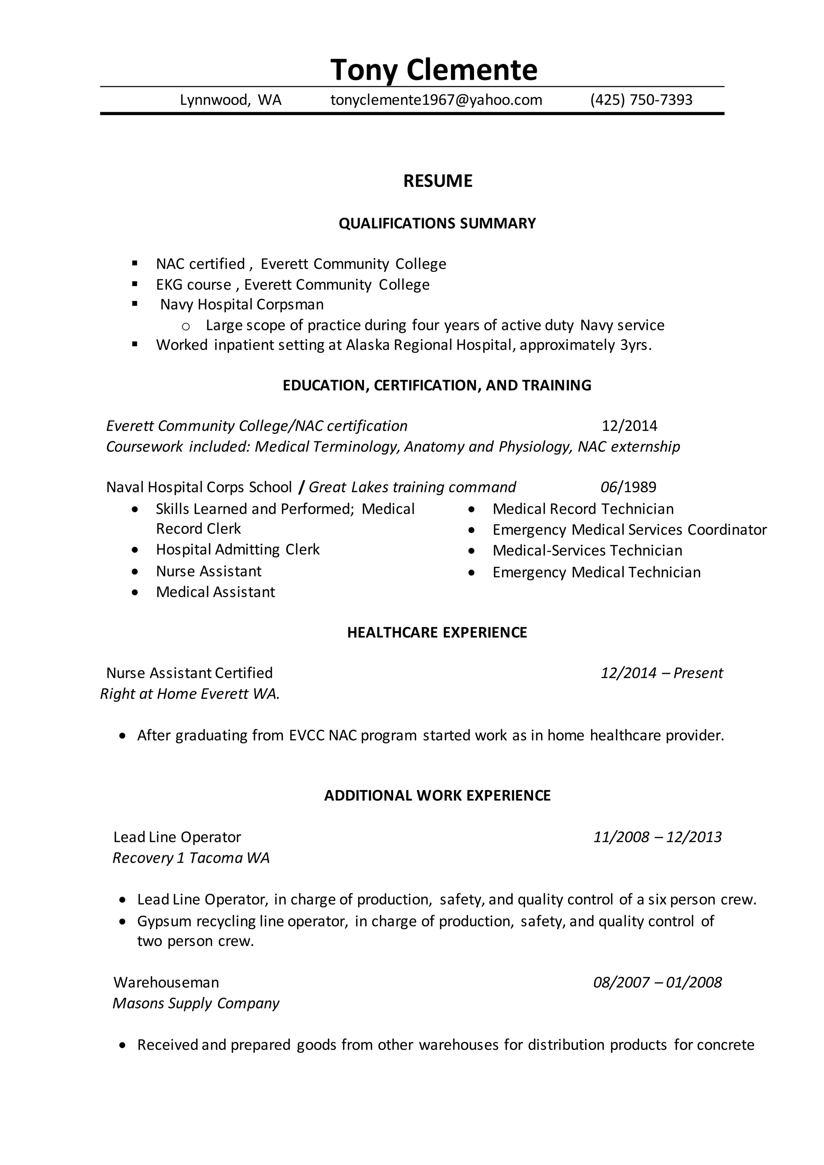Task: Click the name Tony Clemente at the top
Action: pyautogui.click(x=433, y=70)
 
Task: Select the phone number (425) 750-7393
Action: pyautogui.click(x=641, y=100)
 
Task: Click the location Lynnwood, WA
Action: pyautogui.click(x=231, y=100)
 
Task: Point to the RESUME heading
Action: pyautogui.click(x=437, y=181)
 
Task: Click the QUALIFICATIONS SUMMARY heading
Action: pyautogui.click(x=437, y=223)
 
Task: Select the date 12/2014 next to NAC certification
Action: pyautogui.click(x=629, y=426)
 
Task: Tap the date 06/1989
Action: pyautogui.click(x=628, y=487)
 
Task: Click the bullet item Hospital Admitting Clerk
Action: pyautogui.click(x=237, y=550)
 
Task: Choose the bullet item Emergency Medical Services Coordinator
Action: pyautogui.click(x=629, y=530)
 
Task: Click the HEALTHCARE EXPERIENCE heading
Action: pyautogui.click(x=437, y=632)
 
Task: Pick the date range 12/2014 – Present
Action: pyautogui.click(x=661, y=673)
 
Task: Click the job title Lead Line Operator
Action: pyautogui.click(x=177, y=837)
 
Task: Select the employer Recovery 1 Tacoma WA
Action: pyautogui.click(x=191, y=858)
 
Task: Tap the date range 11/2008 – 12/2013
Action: pyautogui.click(x=657, y=837)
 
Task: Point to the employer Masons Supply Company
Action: pyautogui.click(x=196, y=1003)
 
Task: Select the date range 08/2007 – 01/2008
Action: pyautogui.click(x=657, y=982)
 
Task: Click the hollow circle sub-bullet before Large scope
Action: pyautogui.click(x=186, y=326)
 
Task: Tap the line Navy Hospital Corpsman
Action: pyautogui.click(x=241, y=305)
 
